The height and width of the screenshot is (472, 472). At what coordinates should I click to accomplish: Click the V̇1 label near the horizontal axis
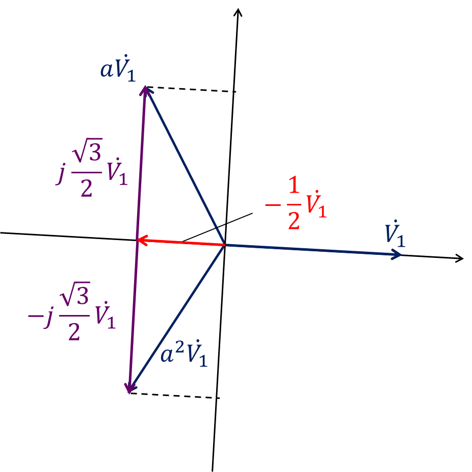click(x=395, y=234)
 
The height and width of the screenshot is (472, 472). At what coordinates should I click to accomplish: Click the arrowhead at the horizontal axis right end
click(x=459, y=258)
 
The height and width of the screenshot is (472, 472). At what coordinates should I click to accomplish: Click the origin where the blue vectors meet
click(x=225, y=245)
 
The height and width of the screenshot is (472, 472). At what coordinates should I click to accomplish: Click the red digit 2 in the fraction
click(x=294, y=221)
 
